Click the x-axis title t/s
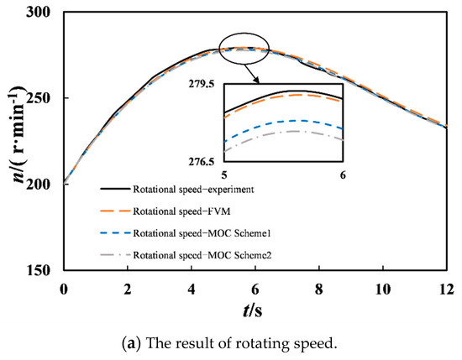[x=255, y=310]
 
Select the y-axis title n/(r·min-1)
[x=14, y=143]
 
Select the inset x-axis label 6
[x=343, y=174]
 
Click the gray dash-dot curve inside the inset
[x=286, y=133]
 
